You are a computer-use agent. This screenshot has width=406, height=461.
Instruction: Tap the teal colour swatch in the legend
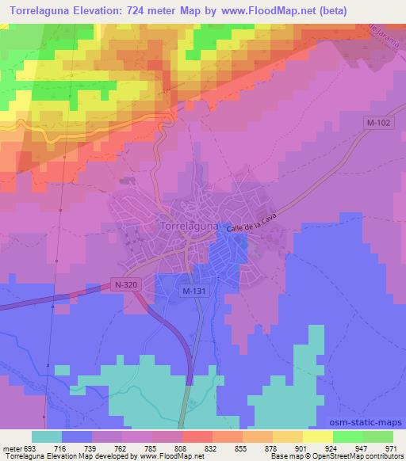click(x=48, y=436)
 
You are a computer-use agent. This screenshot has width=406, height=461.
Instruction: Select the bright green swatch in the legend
click(x=348, y=436)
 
